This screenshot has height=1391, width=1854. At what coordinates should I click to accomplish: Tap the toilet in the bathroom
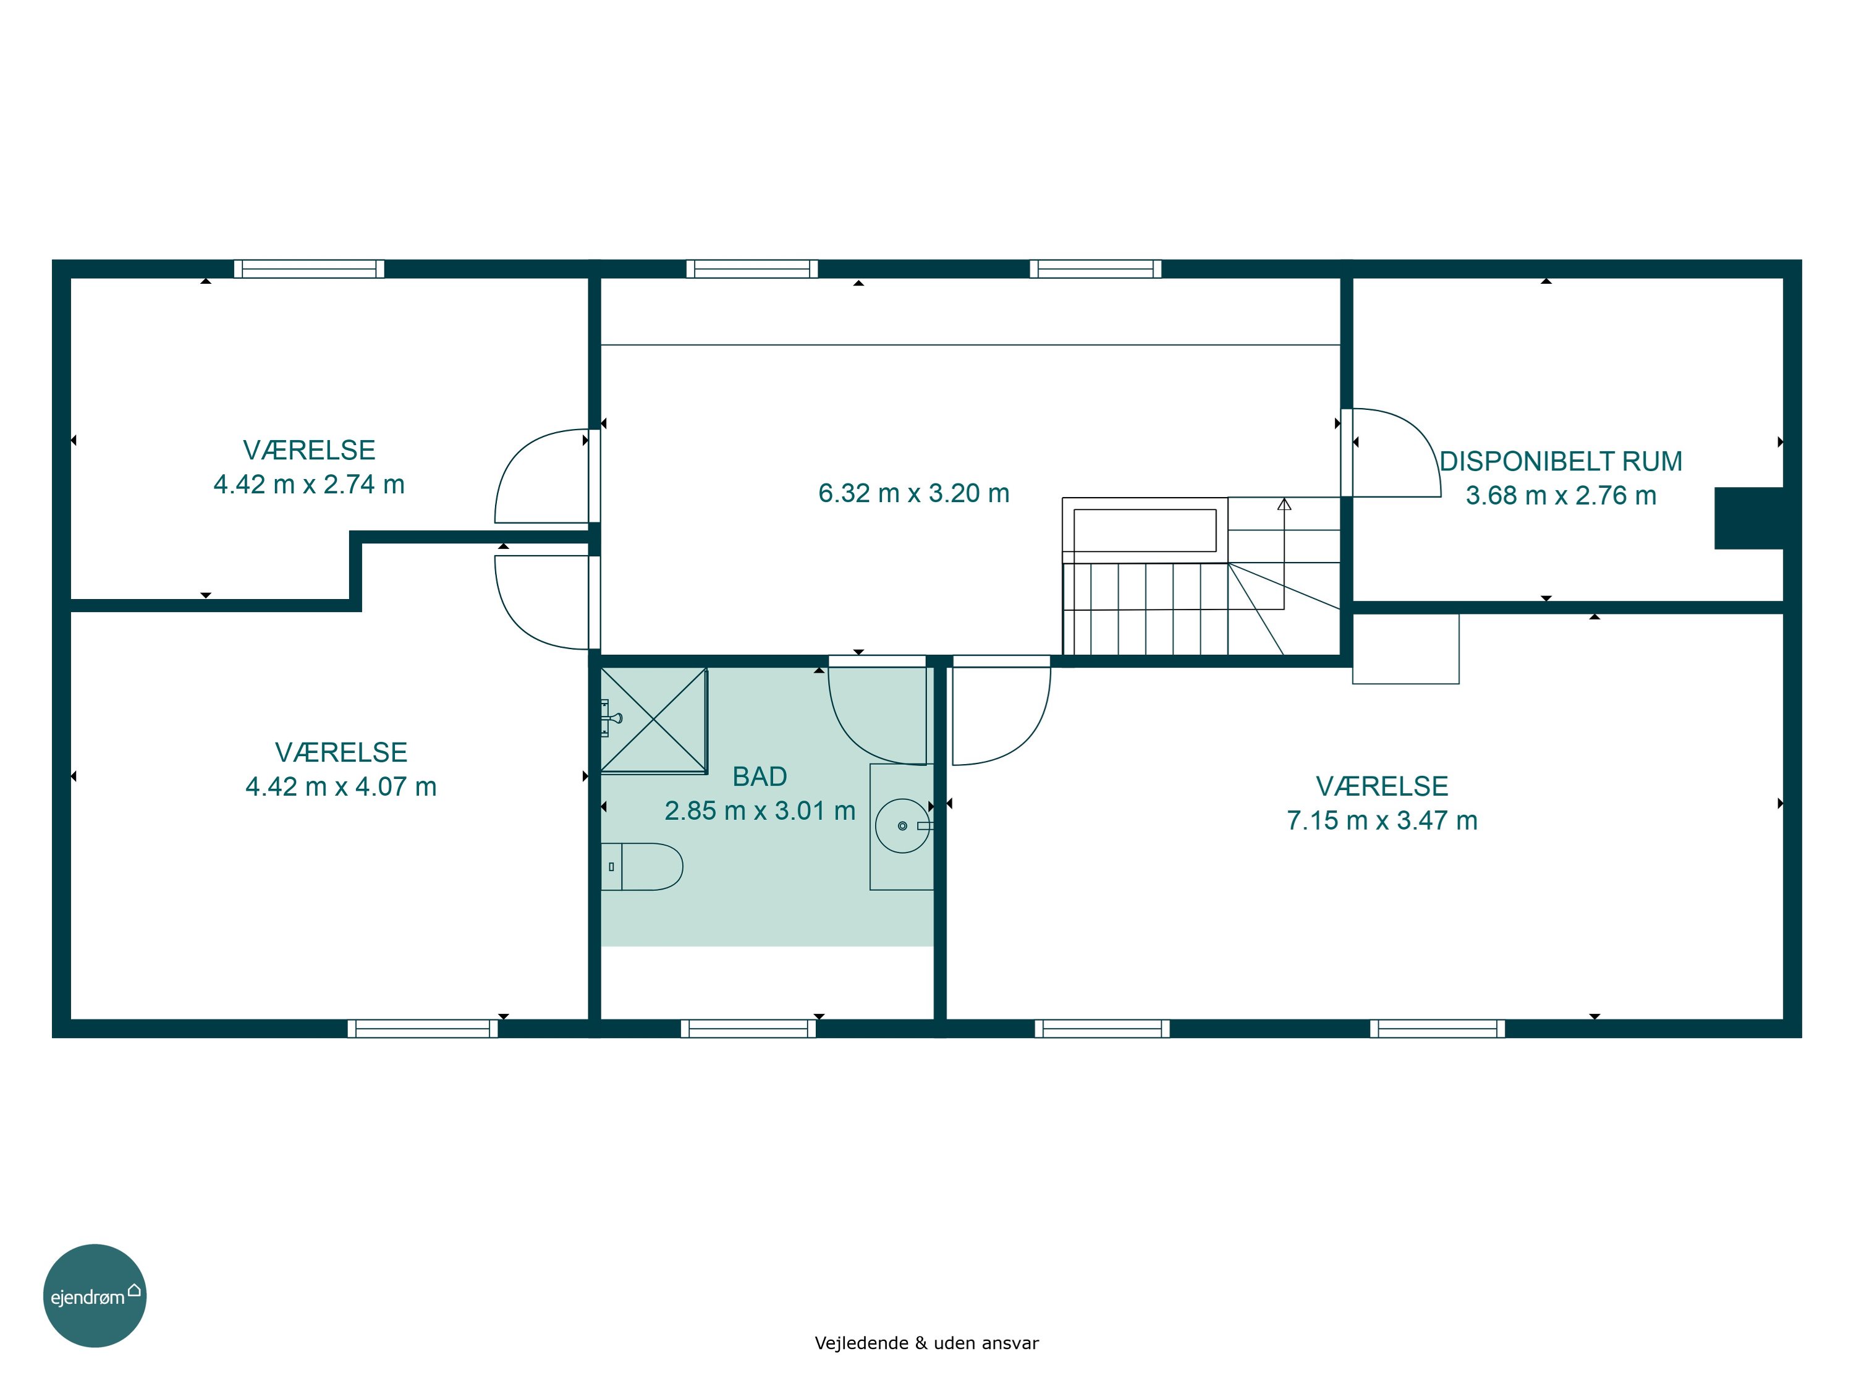[642, 866]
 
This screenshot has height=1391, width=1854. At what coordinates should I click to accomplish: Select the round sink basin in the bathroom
[903, 826]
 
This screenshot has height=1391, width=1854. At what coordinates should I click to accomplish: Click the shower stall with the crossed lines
[654, 720]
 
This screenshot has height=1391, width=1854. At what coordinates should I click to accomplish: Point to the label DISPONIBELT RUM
[1560, 461]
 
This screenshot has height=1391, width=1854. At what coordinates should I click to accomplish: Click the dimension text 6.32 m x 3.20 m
[913, 493]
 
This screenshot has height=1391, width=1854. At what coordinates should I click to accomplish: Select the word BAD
[760, 776]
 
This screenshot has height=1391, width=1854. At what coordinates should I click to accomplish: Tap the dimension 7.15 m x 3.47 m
[1382, 820]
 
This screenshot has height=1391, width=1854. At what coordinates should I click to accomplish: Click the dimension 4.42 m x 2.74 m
[309, 485]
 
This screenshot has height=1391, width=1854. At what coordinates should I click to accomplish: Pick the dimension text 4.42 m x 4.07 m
[341, 786]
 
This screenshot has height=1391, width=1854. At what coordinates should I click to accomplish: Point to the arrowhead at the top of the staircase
[1284, 504]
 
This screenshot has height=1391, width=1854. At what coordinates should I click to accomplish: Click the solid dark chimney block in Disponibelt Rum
[1748, 518]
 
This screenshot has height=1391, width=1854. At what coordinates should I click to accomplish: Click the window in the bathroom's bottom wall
[748, 1028]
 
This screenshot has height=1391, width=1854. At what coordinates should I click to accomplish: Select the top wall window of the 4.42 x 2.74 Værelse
[309, 268]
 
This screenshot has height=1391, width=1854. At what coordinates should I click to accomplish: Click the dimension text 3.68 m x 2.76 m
[1560, 496]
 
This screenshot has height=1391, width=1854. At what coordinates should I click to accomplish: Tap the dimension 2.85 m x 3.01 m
[760, 810]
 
